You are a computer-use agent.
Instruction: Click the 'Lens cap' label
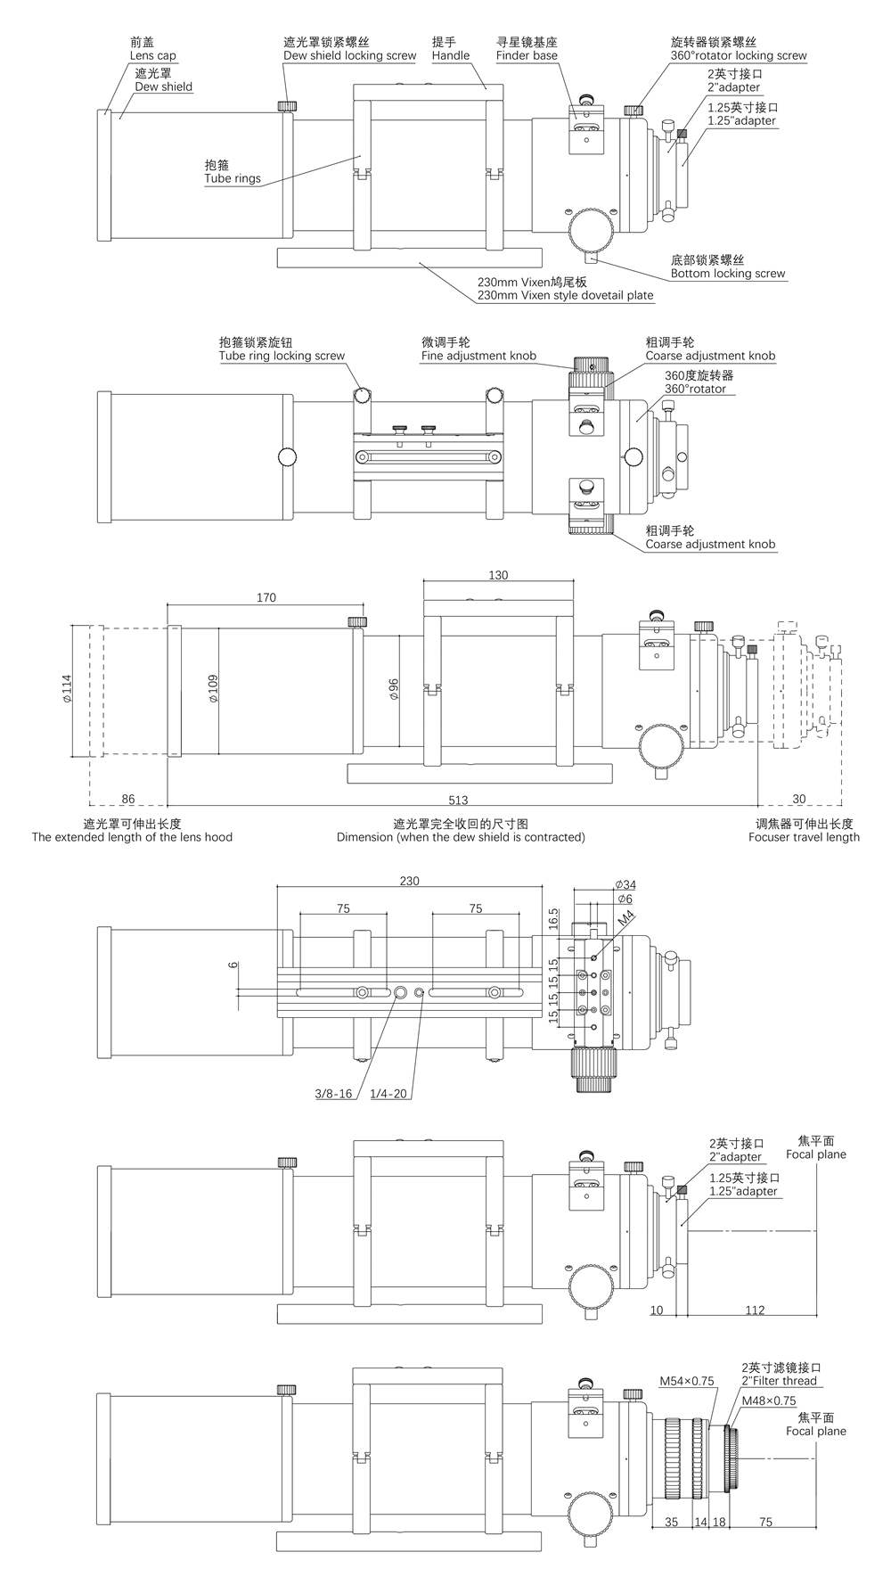point(152,55)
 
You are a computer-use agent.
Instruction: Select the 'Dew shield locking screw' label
point(349,55)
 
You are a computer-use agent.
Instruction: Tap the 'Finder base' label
point(527,55)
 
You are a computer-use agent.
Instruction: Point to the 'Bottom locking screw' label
point(728,274)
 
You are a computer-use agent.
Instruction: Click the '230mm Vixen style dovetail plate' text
point(565,295)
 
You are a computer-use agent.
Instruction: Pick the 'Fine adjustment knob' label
point(478,356)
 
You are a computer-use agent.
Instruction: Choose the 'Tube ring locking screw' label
point(282,356)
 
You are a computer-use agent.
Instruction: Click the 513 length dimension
point(458,800)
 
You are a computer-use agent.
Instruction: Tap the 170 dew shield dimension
point(266,597)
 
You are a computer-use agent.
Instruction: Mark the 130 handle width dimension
point(498,575)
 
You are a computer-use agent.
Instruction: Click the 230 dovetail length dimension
point(409,881)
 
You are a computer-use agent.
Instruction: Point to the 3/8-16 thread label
point(333,1094)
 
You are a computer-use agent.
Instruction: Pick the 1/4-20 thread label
point(389,1094)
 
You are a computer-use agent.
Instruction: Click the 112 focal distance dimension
point(755,1310)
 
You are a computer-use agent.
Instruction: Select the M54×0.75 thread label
point(687,1381)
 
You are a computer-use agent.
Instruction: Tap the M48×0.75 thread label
point(768,1400)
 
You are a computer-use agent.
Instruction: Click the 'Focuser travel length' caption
point(805,837)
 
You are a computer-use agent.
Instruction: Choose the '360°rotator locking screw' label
point(739,55)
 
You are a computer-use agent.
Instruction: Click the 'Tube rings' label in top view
point(233,178)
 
